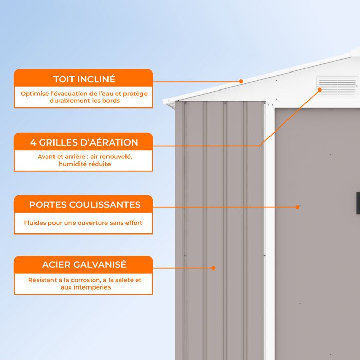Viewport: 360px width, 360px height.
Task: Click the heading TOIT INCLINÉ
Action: tap(84, 79)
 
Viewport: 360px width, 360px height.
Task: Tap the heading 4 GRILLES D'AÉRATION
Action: tap(84, 142)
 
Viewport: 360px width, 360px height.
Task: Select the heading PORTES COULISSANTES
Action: tap(85, 205)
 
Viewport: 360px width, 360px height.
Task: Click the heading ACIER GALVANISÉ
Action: tap(84, 264)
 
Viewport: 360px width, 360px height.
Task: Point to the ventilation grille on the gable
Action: tap(337, 86)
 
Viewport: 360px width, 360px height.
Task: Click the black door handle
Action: tap(358, 204)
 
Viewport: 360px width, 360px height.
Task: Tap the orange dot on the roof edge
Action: tap(241, 81)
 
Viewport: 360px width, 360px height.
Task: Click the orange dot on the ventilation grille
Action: tap(320, 90)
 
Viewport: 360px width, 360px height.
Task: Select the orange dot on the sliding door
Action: tap(298, 207)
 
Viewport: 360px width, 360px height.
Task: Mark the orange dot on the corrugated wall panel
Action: tap(213, 268)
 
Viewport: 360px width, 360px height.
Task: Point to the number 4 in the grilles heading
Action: tap(33, 142)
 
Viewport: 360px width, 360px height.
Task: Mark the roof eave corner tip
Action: tap(163, 101)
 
